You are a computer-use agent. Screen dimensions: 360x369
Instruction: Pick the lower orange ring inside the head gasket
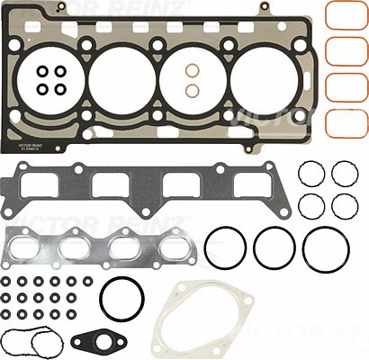coord(192,91)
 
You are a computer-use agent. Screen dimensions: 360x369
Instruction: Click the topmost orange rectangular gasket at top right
coord(345,17)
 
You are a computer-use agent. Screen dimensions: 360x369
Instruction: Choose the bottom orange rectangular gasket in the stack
coord(345,117)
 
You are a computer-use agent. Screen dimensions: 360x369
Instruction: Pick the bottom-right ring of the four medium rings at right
coord(344,205)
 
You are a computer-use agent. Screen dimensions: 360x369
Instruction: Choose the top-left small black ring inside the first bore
coord(42,71)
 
